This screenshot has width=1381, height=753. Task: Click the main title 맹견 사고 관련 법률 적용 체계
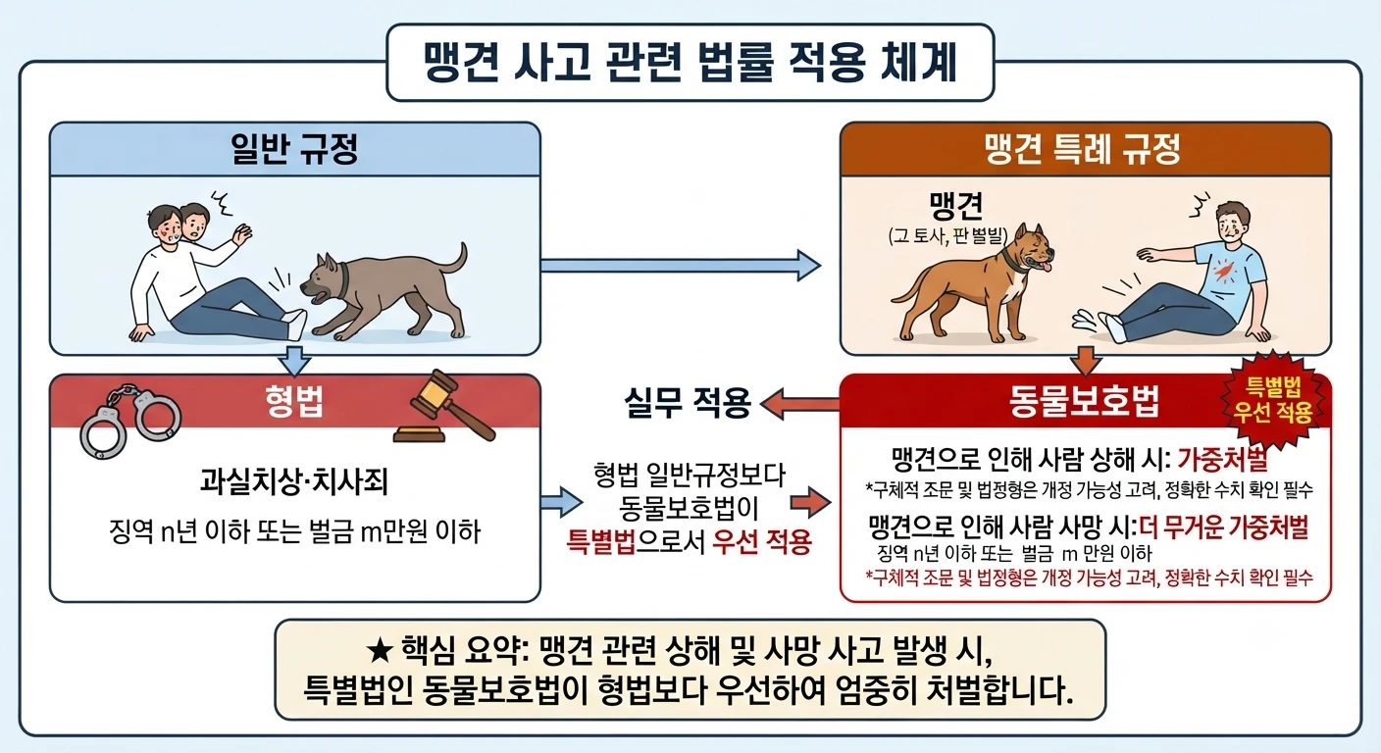690,62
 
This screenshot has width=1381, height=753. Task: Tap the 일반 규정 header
294,148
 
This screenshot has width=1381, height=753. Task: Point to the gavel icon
445,407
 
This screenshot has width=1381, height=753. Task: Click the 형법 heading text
294,402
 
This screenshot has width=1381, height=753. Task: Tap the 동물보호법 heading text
1084,402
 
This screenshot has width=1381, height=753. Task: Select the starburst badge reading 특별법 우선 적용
1273,400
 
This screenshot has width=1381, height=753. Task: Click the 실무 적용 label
688,403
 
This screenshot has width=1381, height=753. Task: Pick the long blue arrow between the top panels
681,265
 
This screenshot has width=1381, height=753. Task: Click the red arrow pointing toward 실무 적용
799,404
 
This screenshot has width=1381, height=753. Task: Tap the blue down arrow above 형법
294,361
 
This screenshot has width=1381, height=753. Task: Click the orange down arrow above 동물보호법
1086,361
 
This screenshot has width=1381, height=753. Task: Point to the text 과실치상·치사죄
294,481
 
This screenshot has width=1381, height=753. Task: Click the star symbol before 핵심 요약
380,651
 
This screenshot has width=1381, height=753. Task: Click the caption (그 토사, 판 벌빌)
948,235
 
